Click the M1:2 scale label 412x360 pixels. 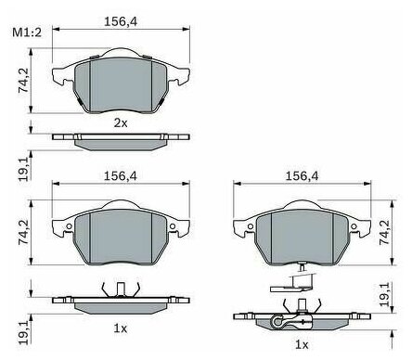click(x=27, y=32)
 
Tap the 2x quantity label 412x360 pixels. click(x=121, y=123)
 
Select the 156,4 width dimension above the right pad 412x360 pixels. click(x=302, y=176)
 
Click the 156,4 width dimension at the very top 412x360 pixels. click(x=121, y=21)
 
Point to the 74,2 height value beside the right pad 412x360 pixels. click(x=385, y=233)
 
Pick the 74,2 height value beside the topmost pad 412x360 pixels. click(x=23, y=80)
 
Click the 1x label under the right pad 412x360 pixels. click(x=302, y=344)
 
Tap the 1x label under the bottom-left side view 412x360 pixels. click(x=121, y=328)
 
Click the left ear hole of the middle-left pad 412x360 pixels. click(x=69, y=226)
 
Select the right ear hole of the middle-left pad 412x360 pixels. click(x=173, y=226)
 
